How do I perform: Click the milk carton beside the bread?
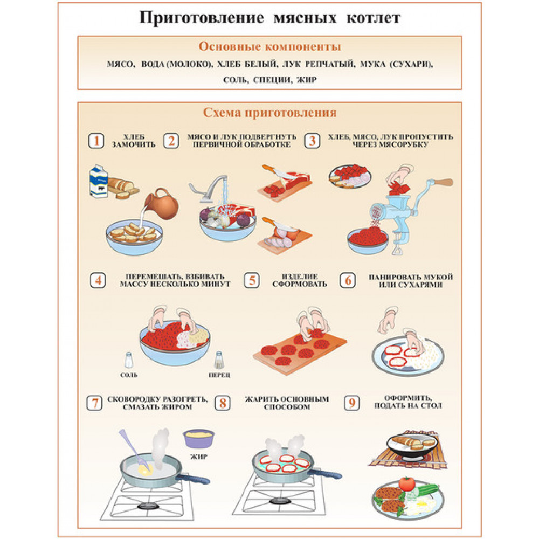click(98, 181)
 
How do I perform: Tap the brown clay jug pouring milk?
click(162, 204)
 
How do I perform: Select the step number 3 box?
click(312, 141)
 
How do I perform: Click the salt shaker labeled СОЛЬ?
click(129, 360)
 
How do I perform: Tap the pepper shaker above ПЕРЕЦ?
click(219, 360)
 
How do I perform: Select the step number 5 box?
click(252, 280)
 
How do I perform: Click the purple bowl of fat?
click(199, 439)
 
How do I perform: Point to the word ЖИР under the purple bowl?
click(199, 457)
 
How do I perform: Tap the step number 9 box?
click(351, 403)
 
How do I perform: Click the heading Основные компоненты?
click(270, 47)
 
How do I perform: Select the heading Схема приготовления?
click(270, 113)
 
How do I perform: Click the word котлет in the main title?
click(374, 18)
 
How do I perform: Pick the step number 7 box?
click(94, 403)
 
